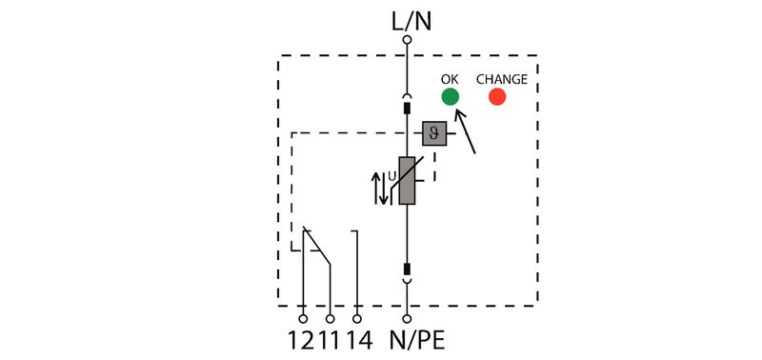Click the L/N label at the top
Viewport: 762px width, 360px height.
[x=407, y=18]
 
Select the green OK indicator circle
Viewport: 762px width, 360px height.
[x=450, y=96]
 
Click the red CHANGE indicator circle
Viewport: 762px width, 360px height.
[x=496, y=96]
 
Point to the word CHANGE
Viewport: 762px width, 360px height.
[x=501, y=79]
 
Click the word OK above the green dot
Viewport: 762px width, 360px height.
[x=450, y=79]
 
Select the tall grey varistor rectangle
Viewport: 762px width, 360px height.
[x=407, y=181]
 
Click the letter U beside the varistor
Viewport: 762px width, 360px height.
[x=391, y=175]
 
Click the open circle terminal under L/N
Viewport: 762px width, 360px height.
[x=407, y=40]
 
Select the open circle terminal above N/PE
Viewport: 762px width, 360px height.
[x=407, y=319]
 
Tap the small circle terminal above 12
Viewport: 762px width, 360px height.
[x=303, y=319]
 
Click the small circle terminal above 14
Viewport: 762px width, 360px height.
[x=357, y=319]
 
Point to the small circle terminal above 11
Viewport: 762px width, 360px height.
[x=330, y=319]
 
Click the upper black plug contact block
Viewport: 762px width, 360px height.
[x=407, y=109]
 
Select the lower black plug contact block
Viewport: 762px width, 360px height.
[x=407, y=270]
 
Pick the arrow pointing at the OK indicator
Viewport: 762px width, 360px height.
[x=466, y=133]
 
